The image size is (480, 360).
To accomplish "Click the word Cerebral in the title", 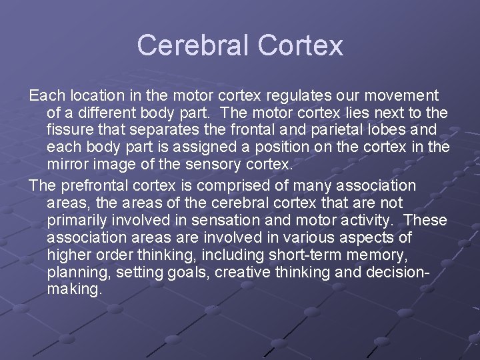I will [x=192, y=45].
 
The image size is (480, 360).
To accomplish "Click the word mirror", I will [x=67, y=164].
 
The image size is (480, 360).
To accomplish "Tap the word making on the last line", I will [x=73, y=290].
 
